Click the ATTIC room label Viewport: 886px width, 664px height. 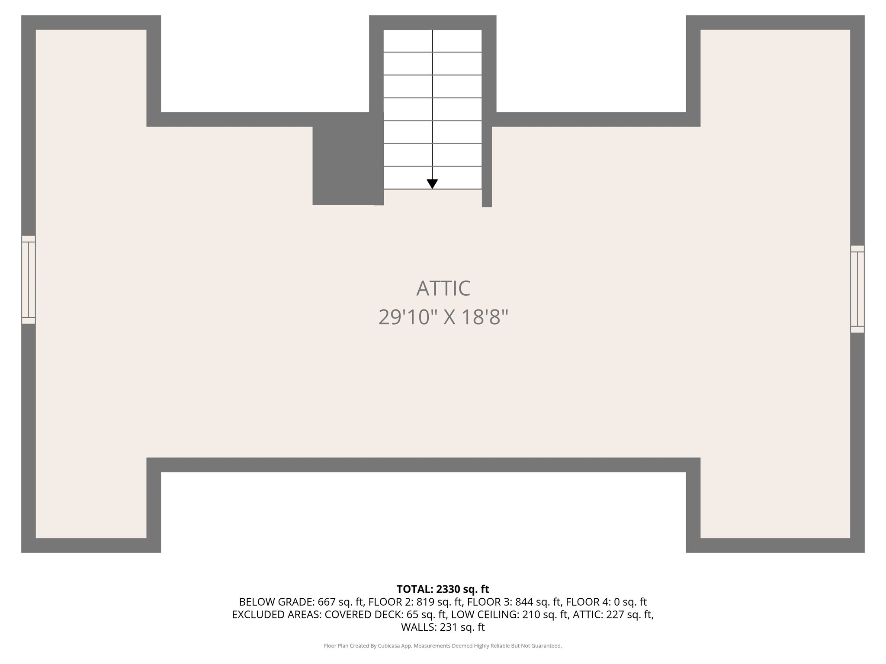coord(443,288)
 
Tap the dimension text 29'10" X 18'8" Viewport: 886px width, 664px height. coord(443,317)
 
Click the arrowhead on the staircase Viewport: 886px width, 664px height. coord(432,184)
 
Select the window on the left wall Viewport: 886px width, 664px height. coord(29,280)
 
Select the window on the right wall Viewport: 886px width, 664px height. coord(857,289)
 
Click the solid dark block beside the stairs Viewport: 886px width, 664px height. coord(344,164)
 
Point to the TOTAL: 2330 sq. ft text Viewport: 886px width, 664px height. coord(443,589)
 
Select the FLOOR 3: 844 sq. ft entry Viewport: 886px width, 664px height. coord(514,602)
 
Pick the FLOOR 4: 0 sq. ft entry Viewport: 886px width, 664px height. coord(606,602)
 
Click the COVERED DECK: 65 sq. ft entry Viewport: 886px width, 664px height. coord(385,614)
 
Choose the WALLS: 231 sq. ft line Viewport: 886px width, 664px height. coord(443,627)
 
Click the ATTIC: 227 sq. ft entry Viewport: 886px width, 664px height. coord(613,614)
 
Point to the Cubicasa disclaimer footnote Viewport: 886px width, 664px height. coord(443,646)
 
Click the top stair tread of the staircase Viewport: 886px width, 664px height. coord(432,41)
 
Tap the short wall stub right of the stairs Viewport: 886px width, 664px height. coord(487,166)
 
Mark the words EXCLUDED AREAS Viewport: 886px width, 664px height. coord(276,614)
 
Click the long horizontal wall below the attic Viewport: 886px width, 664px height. coord(423,465)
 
